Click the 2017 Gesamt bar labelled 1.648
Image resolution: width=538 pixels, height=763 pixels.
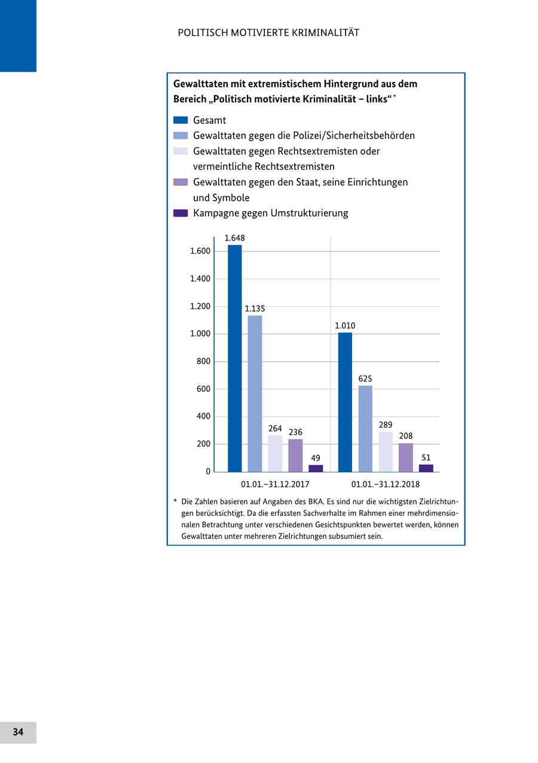(235, 359)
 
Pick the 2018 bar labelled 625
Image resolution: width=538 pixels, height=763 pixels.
(365, 429)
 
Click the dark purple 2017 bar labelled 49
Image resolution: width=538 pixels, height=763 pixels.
(316, 468)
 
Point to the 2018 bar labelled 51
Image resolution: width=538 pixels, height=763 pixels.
(426, 468)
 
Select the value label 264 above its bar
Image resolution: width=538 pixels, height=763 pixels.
(275, 429)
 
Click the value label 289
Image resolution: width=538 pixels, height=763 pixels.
(386, 425)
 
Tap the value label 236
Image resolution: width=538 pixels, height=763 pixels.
(295, 432)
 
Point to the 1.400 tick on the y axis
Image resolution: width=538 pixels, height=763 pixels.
(200, 279)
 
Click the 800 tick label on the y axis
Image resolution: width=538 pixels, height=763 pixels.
(203, 361)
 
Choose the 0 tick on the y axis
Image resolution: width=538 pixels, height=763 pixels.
(208, 471)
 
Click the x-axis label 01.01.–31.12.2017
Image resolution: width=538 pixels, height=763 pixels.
(275, 484)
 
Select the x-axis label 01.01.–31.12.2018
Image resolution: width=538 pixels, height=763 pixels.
(386, 484)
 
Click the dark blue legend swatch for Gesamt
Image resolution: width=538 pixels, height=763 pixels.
(181, 120)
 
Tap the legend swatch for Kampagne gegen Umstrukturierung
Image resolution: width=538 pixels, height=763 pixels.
(181, 213)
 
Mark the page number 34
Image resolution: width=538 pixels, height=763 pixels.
(18, 732)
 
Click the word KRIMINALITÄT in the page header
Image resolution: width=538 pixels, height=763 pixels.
(326, 33)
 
